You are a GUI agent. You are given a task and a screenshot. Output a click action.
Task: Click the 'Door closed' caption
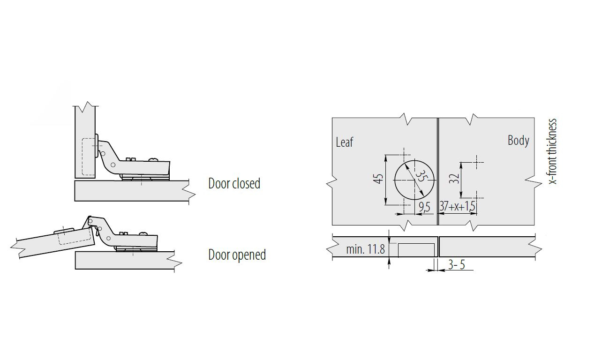(234, 183)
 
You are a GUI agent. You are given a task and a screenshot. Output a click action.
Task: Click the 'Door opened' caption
(237, 255)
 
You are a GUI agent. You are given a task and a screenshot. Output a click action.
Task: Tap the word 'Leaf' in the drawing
(344, 142)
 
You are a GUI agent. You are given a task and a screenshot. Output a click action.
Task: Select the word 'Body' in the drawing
(519, 140)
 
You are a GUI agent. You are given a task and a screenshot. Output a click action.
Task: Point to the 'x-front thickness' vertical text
(553, 151)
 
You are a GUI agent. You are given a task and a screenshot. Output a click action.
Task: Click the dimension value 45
(378, 179)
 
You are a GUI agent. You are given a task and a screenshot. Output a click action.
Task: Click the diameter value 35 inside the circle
(421, 176)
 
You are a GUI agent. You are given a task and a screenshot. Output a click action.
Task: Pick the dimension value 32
(454, 179)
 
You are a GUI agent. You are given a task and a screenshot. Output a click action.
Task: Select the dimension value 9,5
(424, 207)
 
